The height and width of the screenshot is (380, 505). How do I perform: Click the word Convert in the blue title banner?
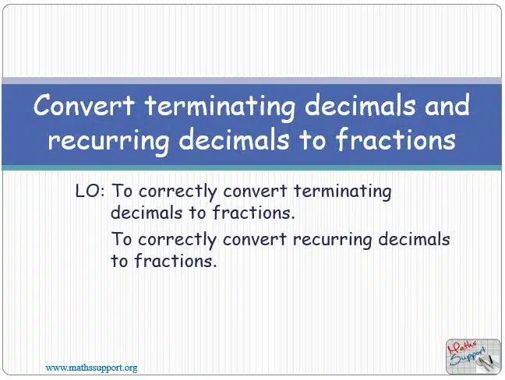[84, 105]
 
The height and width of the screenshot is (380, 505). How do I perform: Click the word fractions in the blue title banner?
[395, 139]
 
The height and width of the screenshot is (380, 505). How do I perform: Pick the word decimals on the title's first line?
[360, 105]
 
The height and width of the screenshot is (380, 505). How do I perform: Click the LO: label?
[90, 191]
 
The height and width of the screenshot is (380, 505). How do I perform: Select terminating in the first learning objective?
[343, 192]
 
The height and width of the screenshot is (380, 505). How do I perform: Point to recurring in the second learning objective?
[332, 241]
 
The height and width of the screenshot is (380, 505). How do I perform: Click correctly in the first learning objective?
[178, 192]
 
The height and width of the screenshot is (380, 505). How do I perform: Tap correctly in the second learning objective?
[177, 241]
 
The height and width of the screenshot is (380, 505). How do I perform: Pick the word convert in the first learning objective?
[255, 191]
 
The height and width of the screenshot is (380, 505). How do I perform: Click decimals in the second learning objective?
[414, 239]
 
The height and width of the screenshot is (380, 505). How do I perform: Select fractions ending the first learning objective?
[253, 213]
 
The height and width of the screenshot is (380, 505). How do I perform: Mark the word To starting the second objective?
[122, 239]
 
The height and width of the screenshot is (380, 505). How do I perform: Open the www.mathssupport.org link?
[91, 368]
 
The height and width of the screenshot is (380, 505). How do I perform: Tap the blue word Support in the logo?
[468, 357]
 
